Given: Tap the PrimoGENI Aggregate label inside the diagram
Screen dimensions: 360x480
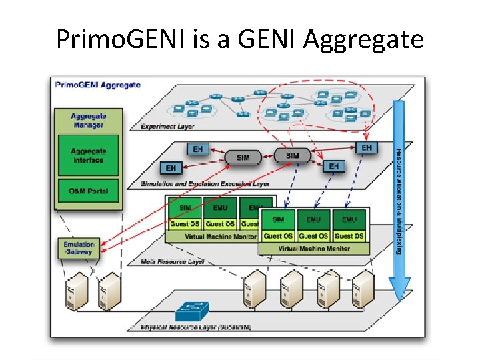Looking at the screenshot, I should (98, 85).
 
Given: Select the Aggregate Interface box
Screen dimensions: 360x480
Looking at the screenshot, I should (88, 156).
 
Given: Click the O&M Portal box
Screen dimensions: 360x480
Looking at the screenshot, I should (88, 191).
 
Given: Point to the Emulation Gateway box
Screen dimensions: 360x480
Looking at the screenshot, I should (79, 248).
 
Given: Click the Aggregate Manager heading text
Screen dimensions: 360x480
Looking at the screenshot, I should (88, 121).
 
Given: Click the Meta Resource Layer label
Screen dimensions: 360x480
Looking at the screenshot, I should (173, 262).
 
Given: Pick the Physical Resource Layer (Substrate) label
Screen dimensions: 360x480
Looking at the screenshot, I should (196, 327).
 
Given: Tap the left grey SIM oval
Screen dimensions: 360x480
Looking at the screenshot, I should (243, 157).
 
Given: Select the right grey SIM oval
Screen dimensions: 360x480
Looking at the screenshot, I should (292, 155).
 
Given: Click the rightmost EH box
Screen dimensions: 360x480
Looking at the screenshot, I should (366, 147).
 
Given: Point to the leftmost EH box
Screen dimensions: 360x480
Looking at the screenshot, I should (171, 168).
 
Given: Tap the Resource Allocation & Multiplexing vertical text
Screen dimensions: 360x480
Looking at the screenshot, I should (399, 200).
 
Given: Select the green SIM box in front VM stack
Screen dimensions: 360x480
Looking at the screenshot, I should (278, 219).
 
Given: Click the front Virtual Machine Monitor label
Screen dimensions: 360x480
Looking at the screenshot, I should (313, 248).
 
